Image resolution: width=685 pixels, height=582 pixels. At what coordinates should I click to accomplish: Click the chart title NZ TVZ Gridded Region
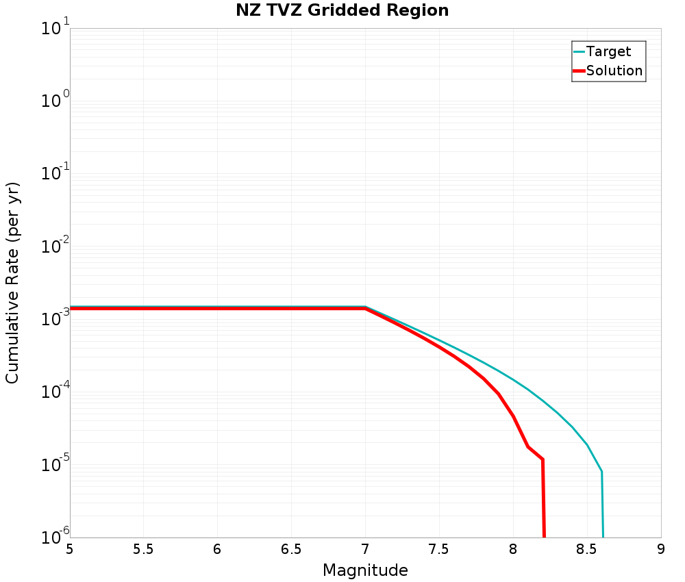[342, 10]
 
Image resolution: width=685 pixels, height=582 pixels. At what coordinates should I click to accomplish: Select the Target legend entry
[608, 51]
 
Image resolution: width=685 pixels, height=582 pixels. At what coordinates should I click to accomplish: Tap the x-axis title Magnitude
[365, 570]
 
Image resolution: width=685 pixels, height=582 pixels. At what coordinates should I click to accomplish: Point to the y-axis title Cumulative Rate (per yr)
[12, 283]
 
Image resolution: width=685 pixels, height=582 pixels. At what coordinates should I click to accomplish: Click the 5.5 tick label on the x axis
[143, 549]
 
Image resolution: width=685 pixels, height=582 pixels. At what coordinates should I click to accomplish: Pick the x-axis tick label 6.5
[291, 549]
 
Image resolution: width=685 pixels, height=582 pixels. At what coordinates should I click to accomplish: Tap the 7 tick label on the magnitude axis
[365, 549]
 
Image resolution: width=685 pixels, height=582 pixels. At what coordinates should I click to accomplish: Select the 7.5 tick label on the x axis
[438, 549]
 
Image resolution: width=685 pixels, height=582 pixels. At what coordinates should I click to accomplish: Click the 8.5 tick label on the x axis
[586, 549]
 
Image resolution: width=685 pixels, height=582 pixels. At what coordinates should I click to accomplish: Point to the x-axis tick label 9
[660, 549]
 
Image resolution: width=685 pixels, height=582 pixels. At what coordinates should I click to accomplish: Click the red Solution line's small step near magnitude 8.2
[542, 459]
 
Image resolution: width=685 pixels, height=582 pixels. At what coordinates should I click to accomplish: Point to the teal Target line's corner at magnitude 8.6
[601, 472]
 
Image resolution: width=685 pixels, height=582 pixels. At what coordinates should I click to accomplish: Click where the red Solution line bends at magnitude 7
[365, 309]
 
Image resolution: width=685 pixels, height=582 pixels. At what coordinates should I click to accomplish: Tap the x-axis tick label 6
[217, 549]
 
